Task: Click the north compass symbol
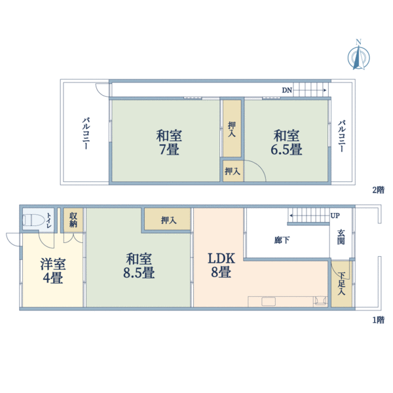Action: pos(358,56)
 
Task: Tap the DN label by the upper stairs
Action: pos(286,90)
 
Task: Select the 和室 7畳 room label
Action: pos(169,143)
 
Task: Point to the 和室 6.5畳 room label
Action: pos(287,143)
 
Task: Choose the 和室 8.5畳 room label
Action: pos(140,265)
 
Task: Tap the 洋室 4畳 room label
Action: pos(52,271)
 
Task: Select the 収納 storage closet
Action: pos(73,219)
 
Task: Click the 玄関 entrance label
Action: pos(341,238)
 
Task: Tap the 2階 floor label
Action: pos(378,190)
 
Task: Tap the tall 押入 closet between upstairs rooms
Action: pos(232,128)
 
